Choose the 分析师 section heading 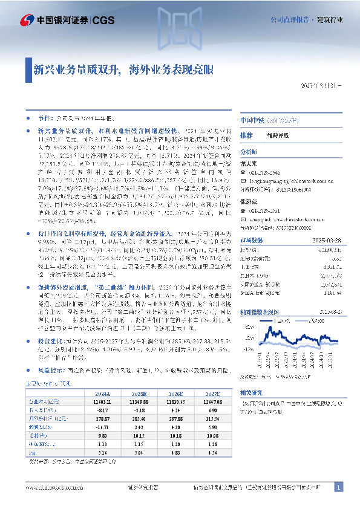tap(249, 152)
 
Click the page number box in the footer tap(339, 487)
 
